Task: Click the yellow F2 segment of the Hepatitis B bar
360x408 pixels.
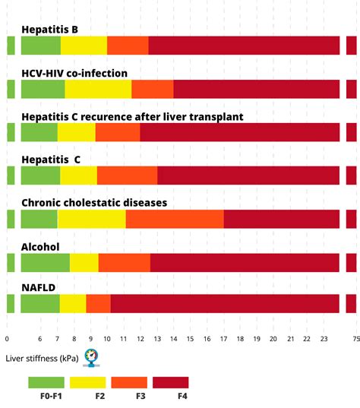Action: [84, 46]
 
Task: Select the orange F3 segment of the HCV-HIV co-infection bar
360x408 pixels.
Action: [152, 89]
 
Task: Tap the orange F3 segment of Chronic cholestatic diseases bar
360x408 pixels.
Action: [175, 219]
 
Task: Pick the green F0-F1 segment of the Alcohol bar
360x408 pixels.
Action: [45, 263]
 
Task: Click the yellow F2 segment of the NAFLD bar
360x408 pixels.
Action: [73, 304]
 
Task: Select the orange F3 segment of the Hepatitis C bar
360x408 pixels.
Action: [127, 176]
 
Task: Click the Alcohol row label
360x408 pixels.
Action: [40, 246]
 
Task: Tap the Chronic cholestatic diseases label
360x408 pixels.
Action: [94, 203]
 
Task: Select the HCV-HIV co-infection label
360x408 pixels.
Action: [74, 74]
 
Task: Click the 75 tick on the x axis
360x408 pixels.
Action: [355, 339]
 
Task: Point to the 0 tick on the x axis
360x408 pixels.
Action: [7, 339]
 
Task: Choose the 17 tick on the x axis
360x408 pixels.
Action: [224, 339]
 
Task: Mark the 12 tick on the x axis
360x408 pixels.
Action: [141, 339]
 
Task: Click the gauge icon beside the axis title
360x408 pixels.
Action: [91, 356]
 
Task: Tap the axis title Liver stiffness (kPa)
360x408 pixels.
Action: [42, 356]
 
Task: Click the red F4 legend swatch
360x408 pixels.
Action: [171, 382]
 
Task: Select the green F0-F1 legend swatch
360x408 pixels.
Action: [46, 382]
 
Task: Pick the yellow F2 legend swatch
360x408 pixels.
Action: [88, 382]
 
